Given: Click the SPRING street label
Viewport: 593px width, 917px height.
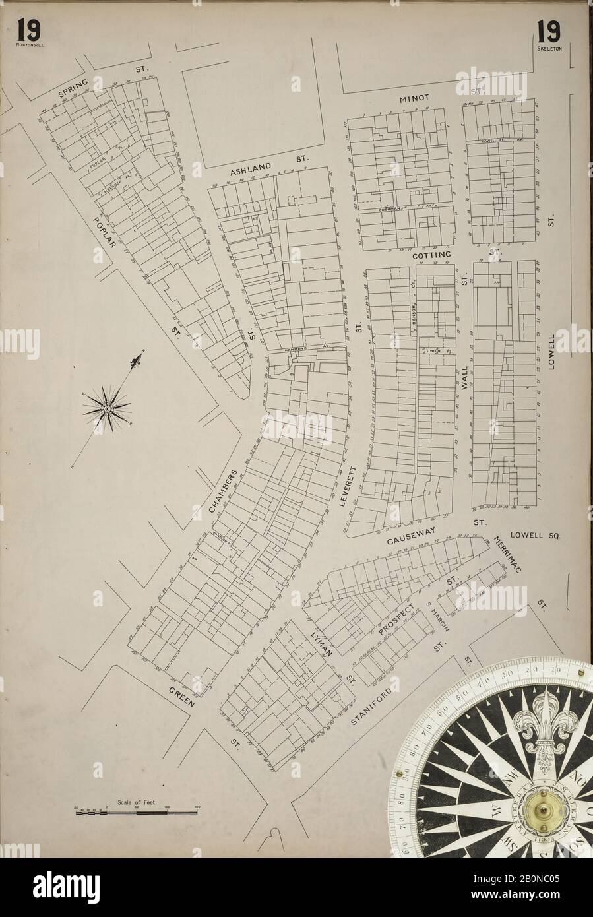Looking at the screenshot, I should pyautogui.click(x=73, y=90).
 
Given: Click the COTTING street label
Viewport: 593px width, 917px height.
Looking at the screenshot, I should pyautogui.click(x=431, y=253).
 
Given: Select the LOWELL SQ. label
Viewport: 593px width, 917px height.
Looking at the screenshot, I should pyautogui.click(x=534, y=536).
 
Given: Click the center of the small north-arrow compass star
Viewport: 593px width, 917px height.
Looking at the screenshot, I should pyautogui.click(x=106, y=410).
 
